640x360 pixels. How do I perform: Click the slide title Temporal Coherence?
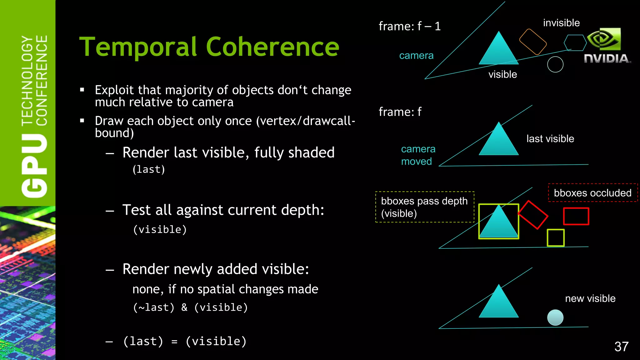coord(209,47)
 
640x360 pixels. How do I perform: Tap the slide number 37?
coord(621,346)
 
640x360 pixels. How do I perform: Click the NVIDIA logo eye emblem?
coord(604,39)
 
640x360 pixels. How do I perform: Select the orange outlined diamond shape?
coord(533,42)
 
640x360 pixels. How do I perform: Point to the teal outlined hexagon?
coord(575,43)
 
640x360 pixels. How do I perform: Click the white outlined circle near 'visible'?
coord(555,65)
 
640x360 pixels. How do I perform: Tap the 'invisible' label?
coord(561,23)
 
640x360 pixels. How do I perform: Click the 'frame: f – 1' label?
coord(409,26)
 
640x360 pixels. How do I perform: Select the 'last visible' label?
coord(550,139)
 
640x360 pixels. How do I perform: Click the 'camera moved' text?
coord(418,155)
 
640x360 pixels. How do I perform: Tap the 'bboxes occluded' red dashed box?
coord(592,193)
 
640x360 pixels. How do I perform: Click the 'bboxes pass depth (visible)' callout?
coord(424,207)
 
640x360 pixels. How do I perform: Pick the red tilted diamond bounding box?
coord(533,215)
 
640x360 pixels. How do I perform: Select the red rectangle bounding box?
coord(576,216)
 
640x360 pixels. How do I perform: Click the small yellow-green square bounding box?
coord(555,238)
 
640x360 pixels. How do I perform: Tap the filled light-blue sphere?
coord(555,317)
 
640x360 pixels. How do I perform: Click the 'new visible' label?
coord(590,298)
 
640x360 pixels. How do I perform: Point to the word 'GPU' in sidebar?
coord(34,166)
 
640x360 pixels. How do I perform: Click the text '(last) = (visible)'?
coord(185,341)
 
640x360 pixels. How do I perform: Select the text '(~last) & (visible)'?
coord(190,307)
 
